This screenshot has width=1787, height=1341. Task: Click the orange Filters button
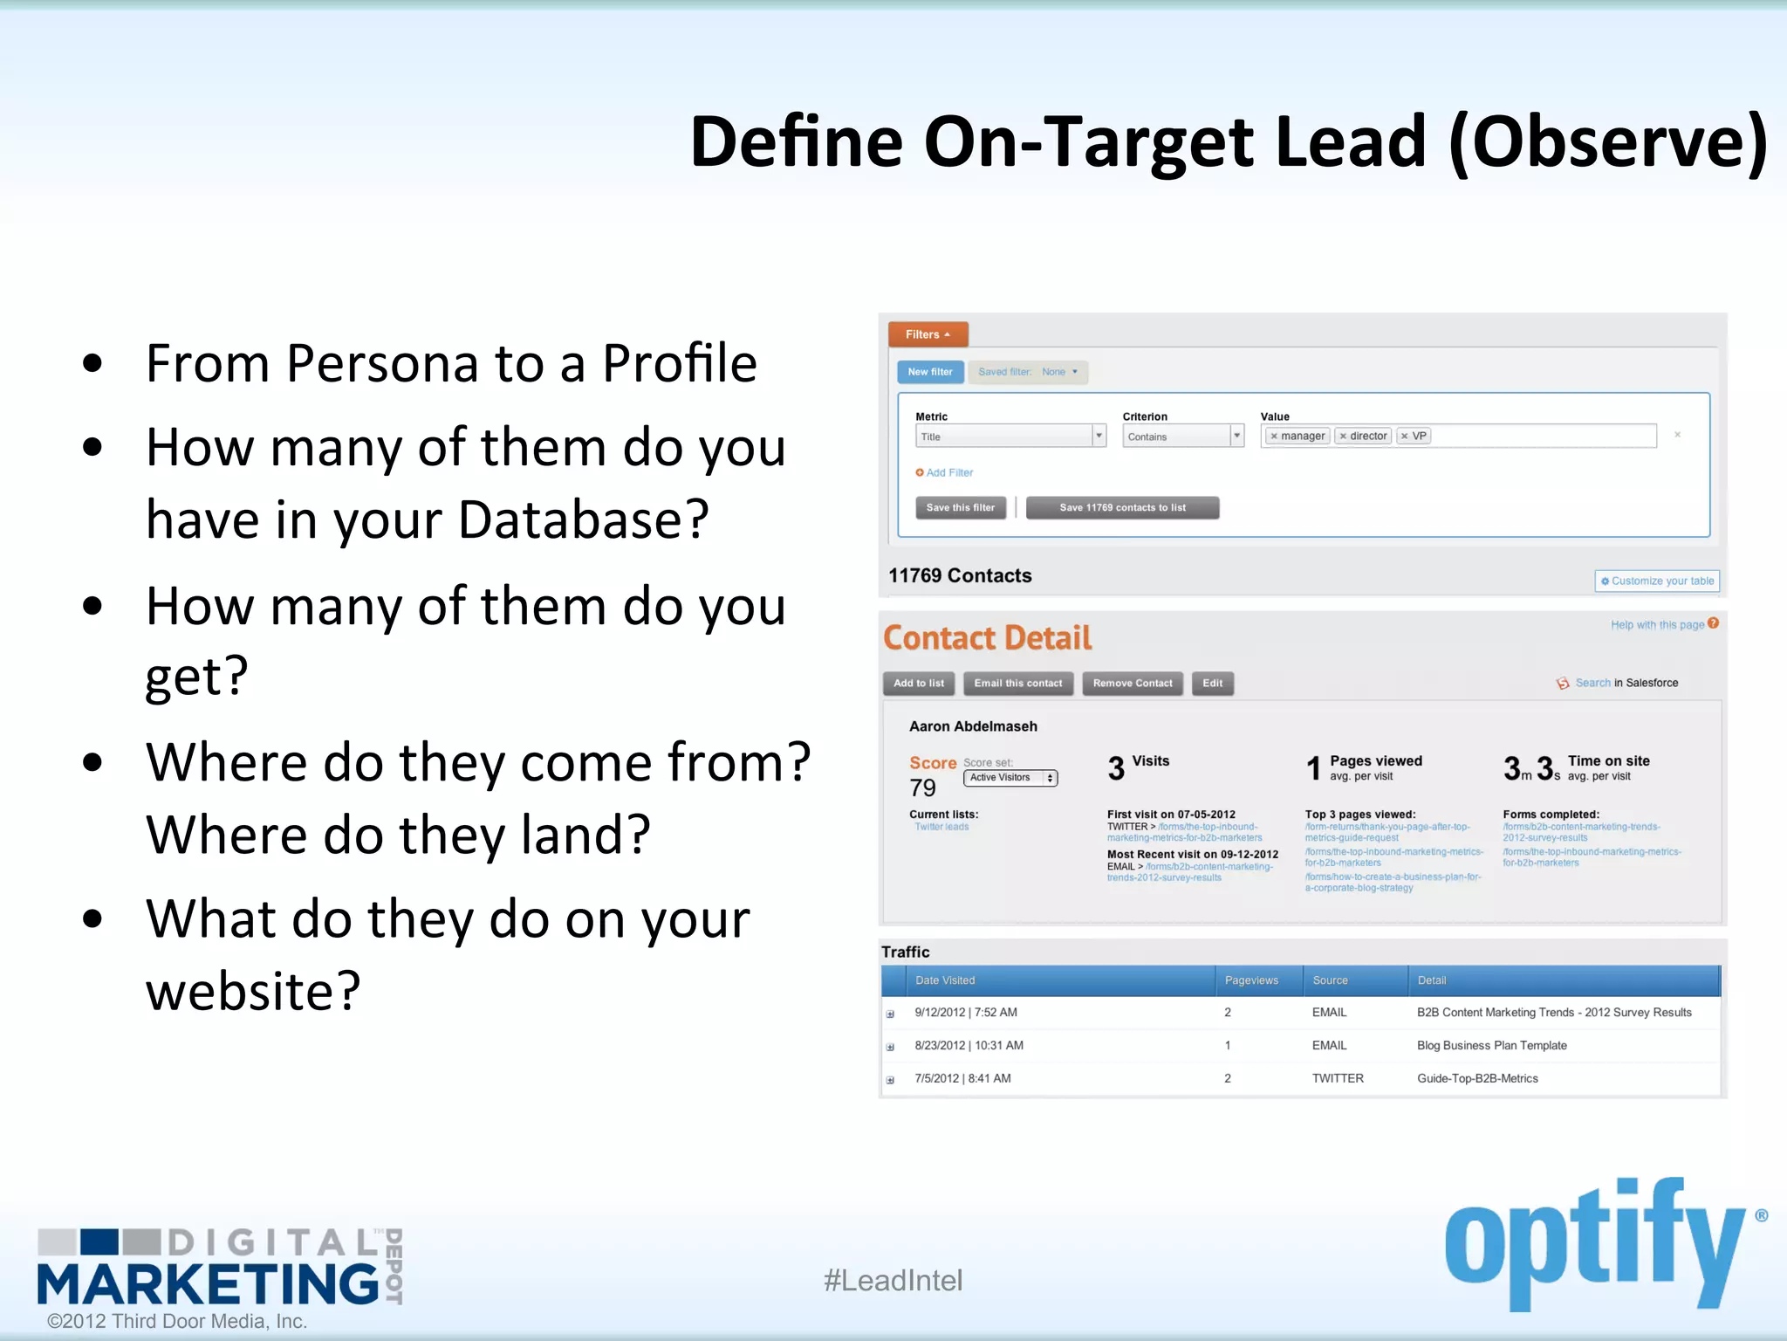tap(928, 334)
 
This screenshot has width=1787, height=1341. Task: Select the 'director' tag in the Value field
tap(1363, 436)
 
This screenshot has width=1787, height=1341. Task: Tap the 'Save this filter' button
tap(960, 507)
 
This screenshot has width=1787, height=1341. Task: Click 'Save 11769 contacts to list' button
tap(1122, 507)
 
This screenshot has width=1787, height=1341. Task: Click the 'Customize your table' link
tap(1657, 581)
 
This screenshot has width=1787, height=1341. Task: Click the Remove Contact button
tap(1133, 683)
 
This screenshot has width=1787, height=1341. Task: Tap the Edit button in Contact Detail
tap(1212, 683)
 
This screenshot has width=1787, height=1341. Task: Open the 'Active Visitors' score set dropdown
tap(1010, 777)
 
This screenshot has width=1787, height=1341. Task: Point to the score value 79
tap(922, 787)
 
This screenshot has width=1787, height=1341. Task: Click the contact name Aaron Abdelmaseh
tap(973, 726)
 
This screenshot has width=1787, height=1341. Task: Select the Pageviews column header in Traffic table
tap(1251, 980)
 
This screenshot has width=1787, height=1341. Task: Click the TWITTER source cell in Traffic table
tap(1338, 1078)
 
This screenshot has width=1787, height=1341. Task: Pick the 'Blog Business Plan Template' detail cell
tap(1491, 1045)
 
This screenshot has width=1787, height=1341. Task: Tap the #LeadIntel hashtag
tap(893, 1280)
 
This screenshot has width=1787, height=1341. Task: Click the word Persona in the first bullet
tap(382, 363)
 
